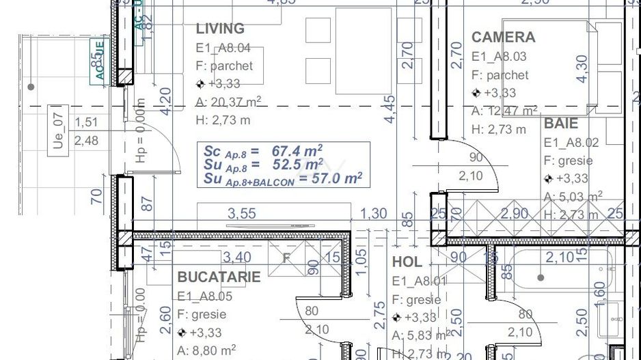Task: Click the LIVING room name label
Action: [220, 29]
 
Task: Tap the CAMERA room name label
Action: [503, 37]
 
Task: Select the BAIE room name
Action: [561, 124]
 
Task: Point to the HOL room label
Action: [407, 262]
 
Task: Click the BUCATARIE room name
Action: [219, 277]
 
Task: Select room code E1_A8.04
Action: [223, 48]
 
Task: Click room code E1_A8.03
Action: [499, 57]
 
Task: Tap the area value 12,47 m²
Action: [504, 111]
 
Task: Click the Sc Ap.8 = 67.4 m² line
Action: [263, 150]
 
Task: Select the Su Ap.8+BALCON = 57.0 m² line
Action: [282, 179]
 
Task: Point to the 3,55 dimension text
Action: [242, 214]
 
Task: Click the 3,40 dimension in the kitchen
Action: [236, 258]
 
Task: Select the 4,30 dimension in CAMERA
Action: [582, 68]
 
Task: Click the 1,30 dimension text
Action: [373, 214]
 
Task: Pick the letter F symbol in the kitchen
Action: [287, 259]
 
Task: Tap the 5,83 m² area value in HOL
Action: [420, 335]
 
